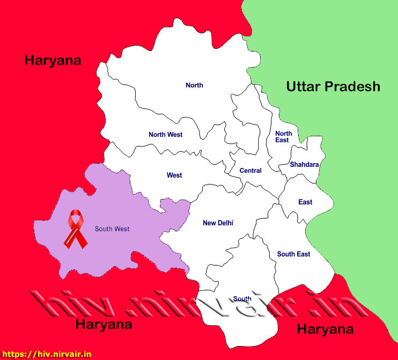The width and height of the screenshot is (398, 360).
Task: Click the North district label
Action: pos(194,85)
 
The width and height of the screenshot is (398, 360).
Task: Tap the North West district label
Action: pos(165,135)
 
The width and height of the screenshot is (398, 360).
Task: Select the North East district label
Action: pos(283,137)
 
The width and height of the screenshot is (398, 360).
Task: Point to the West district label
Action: pos(174,175)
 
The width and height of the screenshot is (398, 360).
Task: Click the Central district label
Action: pos(250,171)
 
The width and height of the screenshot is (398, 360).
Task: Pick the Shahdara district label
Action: pos(304,165)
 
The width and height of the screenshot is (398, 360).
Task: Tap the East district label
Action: pos(305,202)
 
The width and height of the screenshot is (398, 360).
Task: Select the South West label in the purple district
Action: pos(112,229)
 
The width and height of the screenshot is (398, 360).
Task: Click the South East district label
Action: pos(293,254)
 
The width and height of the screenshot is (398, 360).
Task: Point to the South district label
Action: pos(242,299)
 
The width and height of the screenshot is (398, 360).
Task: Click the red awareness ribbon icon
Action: pos(75,230)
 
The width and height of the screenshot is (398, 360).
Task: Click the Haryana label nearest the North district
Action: pos(53,60)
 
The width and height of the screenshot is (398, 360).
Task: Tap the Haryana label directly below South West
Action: pos(104,324)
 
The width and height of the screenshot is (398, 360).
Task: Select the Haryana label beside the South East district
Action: pos(325,329)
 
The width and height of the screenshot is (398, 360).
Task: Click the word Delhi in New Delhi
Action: pos(225,223)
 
